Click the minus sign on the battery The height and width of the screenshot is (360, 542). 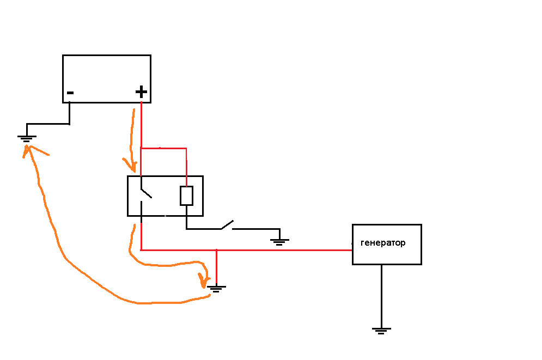[70, 93]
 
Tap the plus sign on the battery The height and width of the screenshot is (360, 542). [141, 91]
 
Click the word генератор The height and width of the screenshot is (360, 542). [383, 243]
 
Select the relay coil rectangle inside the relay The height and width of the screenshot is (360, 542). [186, 196]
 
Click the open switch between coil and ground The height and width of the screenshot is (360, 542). [227, 225]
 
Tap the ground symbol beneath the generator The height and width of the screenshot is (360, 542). [381, 330]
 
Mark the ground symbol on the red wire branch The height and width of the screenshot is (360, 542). [217, 288]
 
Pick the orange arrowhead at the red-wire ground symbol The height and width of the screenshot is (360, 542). [204, 280]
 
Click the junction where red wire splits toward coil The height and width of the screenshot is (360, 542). [141, 148]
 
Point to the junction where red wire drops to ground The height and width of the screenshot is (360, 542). [217, 250]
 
